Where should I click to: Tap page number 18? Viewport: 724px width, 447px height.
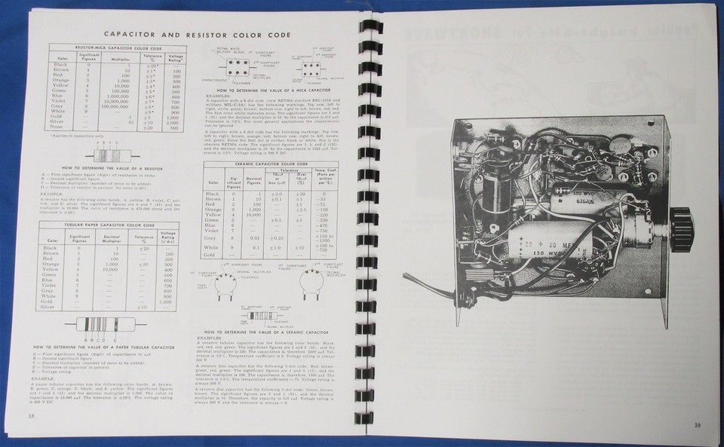pyautogui.click(x=31, y=415)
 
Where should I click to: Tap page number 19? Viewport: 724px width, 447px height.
pyautogui.click(x=698, y=426)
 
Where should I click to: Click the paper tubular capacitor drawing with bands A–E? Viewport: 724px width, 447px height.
pyautogui.click(x=104, y=326)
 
